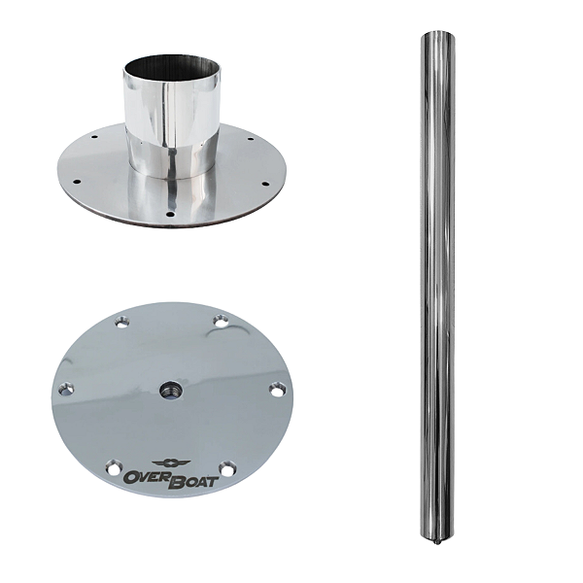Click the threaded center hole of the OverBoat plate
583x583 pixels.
coord(168,390)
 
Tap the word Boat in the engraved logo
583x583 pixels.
coord(193,481)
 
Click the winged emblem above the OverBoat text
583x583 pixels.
coord(171,463)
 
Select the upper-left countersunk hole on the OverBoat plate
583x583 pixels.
coord(120,322)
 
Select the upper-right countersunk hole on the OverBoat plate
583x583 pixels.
coord(221,322)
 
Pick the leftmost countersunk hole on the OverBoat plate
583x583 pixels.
coord(66,389)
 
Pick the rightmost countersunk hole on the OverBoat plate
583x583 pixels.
coord(277,390)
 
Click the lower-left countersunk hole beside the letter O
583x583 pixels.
coord(114,467)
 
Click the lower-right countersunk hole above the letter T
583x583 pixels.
coord(227,467)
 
